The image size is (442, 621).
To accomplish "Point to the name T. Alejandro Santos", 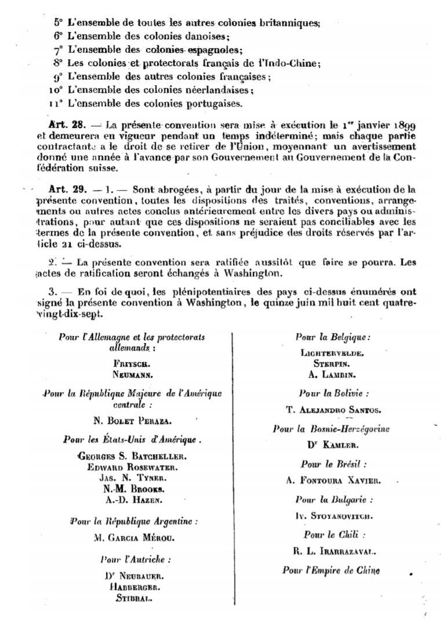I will tap(333, 410).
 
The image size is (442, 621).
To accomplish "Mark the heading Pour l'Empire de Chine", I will tap(331, 570).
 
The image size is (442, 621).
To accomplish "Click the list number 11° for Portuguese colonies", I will tap(56, 104).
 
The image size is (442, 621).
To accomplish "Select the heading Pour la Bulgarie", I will tap(333, 499).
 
